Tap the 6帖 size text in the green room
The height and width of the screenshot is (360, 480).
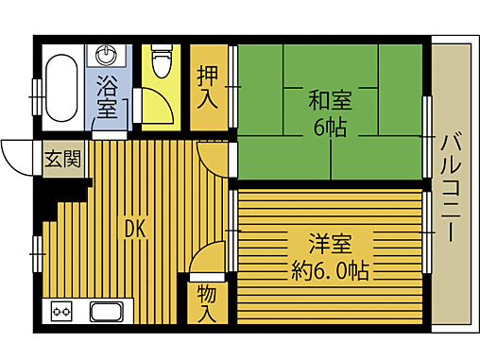329,127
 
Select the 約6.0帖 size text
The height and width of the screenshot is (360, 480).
330,272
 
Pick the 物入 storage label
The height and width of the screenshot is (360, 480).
208,301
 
